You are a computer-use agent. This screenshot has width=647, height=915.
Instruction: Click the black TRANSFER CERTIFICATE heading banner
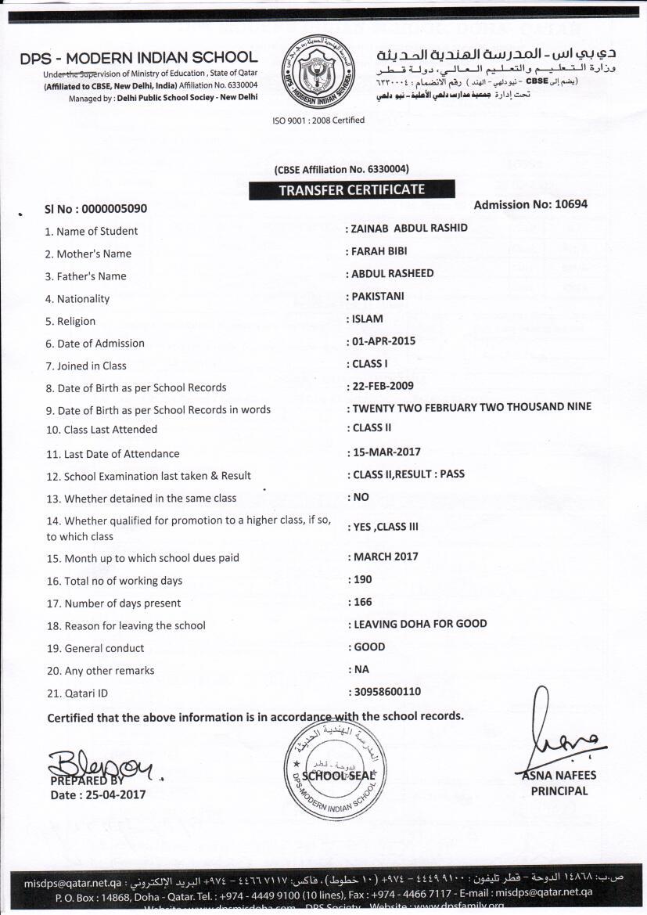pyautogui.click(x=351, y=190)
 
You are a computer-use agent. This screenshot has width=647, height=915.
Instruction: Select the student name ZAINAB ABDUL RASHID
pyautogui.click(x=410, y=228)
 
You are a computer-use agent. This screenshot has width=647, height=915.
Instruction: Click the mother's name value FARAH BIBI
pyautogui.click(x=379, y=251)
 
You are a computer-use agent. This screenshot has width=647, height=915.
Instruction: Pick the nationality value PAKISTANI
pyautogui.click(x=379, y=296)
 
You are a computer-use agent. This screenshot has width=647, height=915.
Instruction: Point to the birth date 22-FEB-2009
pyautogui.click(x=383, y=386)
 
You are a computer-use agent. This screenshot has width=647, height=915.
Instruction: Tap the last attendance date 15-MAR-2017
pyautogui.click(x=386, y=452)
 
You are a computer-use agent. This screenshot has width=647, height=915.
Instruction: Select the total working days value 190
pyautogui.click(x=362, y=579)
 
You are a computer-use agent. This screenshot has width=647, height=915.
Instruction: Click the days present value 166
pyautogui.click(x=362, y=602)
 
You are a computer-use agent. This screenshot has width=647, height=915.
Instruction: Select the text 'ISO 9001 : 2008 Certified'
pyautogui.click(x=318, y=121)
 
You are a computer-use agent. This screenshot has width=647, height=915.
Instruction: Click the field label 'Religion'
pyautogui.click(x=76, y=321)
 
